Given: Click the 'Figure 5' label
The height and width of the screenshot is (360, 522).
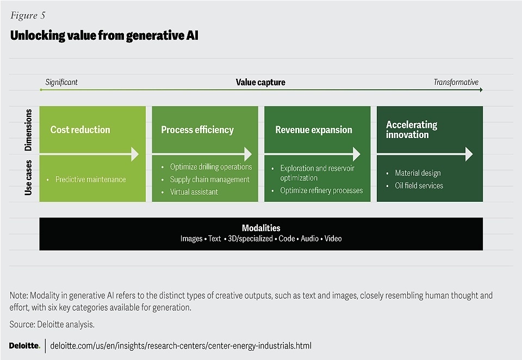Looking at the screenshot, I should [27, 16].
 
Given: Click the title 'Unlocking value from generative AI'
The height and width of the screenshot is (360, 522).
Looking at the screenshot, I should [104, 36].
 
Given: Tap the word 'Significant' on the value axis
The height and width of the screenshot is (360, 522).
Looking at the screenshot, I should [61, 82].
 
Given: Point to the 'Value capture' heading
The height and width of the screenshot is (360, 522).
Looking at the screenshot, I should [260, 82].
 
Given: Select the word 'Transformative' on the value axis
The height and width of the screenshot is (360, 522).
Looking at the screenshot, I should [456, 82].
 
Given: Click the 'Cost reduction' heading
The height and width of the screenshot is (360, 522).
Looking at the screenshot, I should [80, 130].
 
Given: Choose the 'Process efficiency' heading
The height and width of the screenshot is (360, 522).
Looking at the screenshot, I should [197, 130].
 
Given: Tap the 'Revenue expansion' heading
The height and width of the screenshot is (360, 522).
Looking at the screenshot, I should [314, 130].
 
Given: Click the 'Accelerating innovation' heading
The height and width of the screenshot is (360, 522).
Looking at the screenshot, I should [412, 129].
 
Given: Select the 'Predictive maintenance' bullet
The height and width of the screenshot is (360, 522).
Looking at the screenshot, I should [90, 179].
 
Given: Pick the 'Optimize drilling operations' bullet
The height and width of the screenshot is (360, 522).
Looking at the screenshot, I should [211, 167].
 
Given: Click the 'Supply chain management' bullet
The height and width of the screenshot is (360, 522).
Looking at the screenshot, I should [209, 179].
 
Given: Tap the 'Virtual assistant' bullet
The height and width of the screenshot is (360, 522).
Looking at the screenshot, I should [194, 192].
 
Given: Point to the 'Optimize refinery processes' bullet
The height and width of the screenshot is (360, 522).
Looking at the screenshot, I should [321, 190].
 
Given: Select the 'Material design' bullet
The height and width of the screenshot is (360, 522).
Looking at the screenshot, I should [418, 173].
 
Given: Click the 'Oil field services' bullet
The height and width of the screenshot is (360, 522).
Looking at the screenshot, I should [419, 185].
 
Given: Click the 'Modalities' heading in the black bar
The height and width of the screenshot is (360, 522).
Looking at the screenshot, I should [261, 228].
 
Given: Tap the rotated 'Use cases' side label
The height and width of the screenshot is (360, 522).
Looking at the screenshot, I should [29, 177].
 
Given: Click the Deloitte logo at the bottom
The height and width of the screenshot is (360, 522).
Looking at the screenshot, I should [24, 346].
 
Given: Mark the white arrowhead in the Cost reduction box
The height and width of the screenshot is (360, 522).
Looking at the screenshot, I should [134, 154].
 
